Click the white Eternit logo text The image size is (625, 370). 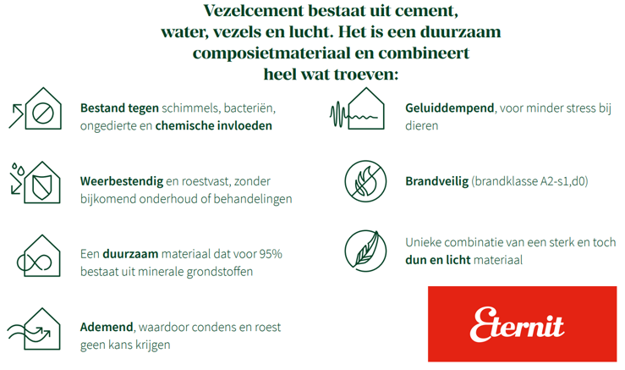[517, 325]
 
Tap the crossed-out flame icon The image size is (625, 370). [365, 181]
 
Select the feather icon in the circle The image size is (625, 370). [365, 251]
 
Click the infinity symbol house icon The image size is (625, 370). [39, 256]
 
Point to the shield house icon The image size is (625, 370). [35, 182]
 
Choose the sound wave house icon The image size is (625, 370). [357, 108]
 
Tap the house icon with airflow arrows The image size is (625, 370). [34, 329]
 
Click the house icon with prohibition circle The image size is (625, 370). [36, 108]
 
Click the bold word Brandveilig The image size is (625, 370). [437, 181]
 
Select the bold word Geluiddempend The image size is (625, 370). [450, 108]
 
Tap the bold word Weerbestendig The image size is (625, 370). [122, 181]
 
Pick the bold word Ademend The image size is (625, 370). [107, 328]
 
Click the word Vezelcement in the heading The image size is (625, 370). [254, 11]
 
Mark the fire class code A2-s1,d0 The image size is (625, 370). [562, 181]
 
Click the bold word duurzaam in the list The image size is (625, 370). [130, 254]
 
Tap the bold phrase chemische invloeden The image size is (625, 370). [214, 125]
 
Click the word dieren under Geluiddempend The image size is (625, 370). [422, 125]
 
